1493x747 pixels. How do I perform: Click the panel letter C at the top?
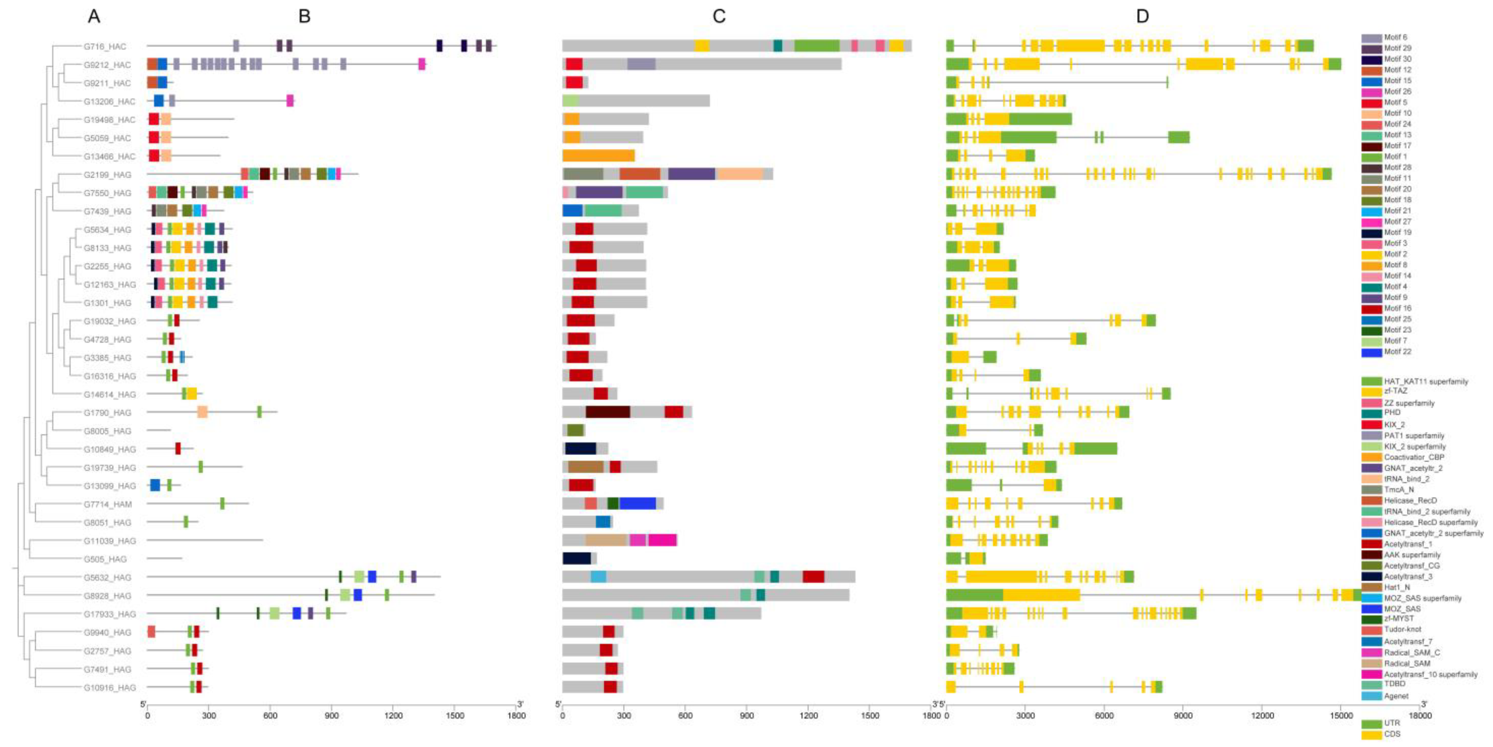(719, 16)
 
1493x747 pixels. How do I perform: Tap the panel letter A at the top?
(94, 16)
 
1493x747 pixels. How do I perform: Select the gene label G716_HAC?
(104, 46)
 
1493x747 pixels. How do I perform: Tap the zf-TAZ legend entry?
(1395, 391)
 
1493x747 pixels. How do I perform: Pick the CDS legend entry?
(1392, 734)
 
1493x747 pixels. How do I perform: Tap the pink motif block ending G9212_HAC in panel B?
(422, 65)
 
